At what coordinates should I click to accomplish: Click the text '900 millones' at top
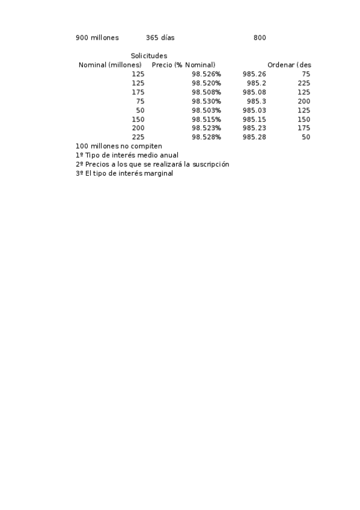97,38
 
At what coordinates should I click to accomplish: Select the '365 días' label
160,38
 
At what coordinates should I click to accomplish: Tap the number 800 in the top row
260,38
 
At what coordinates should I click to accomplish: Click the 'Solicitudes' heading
149,56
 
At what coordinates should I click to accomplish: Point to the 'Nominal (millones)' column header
110,65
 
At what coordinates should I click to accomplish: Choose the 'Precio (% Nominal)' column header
183,65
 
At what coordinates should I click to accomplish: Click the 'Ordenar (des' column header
289,65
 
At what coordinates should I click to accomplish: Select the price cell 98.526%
206,74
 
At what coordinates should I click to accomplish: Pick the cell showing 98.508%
206,92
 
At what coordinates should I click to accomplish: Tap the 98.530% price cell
206,101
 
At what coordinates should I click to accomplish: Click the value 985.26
254,74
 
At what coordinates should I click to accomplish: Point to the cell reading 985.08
254,92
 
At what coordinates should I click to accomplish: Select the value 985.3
256,101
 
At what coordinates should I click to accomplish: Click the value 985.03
254,110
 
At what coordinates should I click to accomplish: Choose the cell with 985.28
254,137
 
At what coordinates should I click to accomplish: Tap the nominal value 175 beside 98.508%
138,92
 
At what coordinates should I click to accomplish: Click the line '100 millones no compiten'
119,146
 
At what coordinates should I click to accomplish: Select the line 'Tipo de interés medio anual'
127,155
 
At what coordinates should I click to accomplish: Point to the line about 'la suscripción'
153,164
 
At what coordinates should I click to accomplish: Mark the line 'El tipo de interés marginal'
124,173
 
